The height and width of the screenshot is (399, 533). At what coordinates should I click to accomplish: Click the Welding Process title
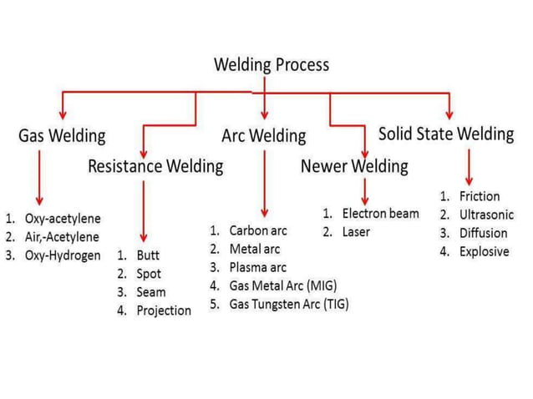272,64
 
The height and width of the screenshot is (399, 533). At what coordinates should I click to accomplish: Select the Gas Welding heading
62,136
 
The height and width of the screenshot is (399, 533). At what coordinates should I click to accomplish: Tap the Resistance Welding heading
155,166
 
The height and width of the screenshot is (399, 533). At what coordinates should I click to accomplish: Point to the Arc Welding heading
264,136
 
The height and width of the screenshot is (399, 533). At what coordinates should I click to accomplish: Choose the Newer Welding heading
354,166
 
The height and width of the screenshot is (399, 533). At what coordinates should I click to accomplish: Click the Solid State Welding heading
445,134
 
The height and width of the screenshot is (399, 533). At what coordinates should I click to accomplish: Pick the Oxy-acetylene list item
63,219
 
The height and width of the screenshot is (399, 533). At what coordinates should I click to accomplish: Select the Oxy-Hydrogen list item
63,255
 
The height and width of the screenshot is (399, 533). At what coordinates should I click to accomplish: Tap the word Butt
148,255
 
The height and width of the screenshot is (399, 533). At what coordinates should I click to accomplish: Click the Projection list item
164,311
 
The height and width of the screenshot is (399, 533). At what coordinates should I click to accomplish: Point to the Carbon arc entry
255,230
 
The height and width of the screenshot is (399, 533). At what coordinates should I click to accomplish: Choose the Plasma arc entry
257,267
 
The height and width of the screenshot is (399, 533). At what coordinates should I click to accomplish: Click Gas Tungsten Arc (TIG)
288,304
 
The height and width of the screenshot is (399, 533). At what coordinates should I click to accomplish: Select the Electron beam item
380,214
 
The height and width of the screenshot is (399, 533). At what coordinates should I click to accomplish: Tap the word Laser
356,232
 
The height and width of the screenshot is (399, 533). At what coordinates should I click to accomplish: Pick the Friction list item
480,196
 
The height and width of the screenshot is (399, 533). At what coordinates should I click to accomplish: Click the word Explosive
484,251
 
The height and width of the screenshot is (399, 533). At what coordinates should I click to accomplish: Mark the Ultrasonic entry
485,215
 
